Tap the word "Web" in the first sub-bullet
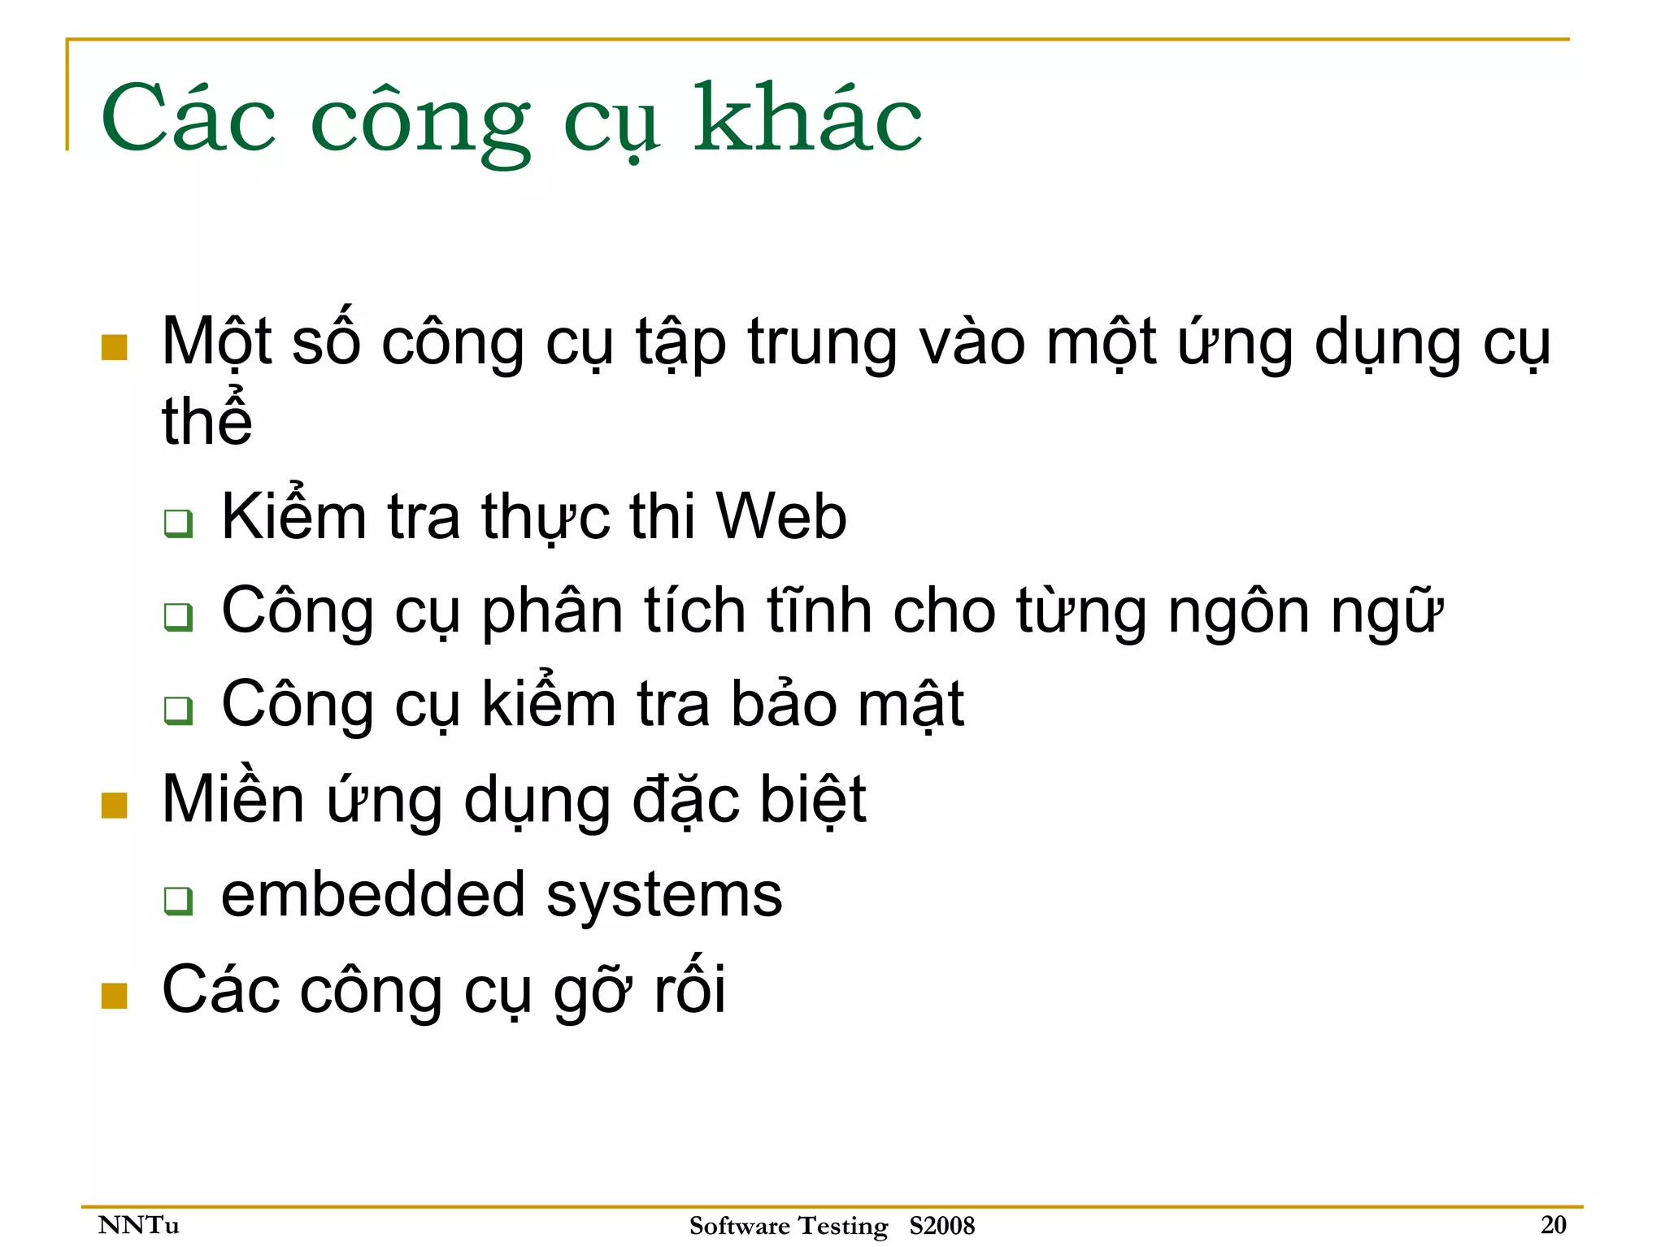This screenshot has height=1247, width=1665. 780,517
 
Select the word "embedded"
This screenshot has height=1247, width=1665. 372,895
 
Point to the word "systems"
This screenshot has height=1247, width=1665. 663,895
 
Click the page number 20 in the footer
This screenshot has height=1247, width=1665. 1553,1224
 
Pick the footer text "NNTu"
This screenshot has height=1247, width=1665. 138,1224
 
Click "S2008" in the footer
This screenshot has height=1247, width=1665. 941,1225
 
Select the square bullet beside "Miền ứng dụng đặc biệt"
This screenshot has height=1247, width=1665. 114,805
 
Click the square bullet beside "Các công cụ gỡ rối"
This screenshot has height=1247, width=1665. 114,995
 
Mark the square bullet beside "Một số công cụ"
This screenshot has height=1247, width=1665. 114,347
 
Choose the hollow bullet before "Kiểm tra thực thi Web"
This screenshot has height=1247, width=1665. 178,523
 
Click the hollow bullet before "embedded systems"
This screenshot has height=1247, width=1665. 178,900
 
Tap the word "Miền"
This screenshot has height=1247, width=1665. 233,800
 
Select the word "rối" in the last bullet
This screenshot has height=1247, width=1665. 689,989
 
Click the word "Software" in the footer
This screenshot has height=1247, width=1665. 739,1225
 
